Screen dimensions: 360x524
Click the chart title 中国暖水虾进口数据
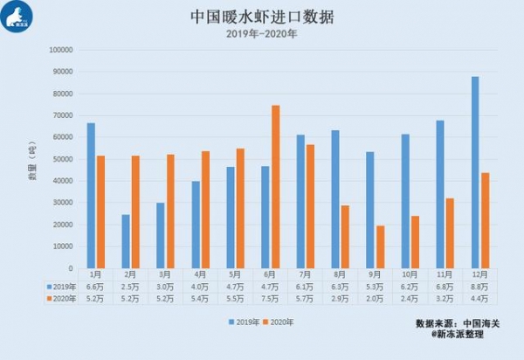[262, 17]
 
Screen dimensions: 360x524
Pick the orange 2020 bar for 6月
[275, 186]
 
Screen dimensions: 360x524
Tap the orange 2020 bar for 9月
[380, 246]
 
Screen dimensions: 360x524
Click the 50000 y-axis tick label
[60, 159]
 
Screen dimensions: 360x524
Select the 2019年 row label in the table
[61, 286]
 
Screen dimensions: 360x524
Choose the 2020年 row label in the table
[61, 298]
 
